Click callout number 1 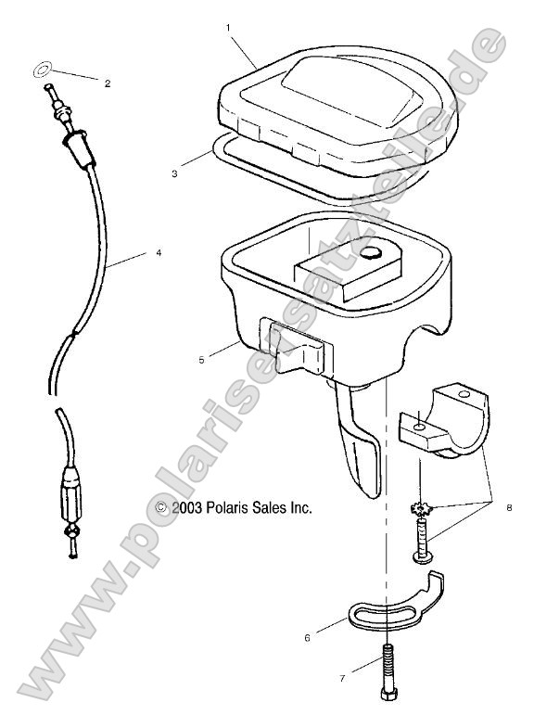228,28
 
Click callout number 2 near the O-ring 107,83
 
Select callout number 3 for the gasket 174,173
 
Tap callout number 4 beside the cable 158,252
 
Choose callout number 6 307,638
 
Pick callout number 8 508,508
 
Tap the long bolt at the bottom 386,675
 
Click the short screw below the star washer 422,542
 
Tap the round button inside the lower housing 375,253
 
